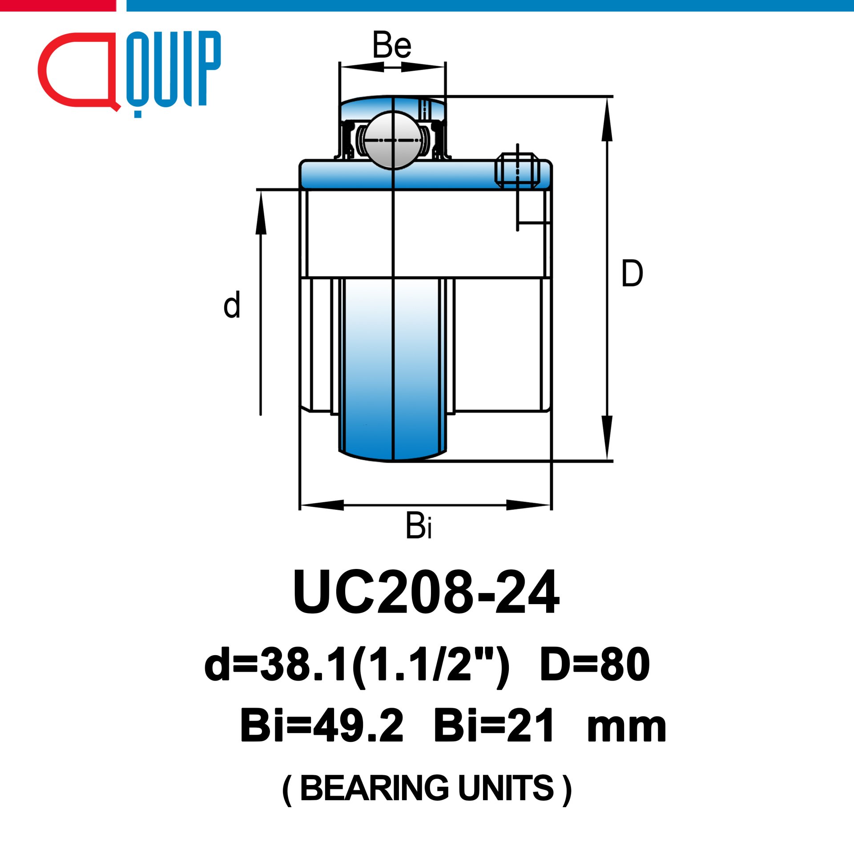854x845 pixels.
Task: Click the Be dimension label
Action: pos(392,45)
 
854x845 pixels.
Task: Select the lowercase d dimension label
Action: pos(232,305)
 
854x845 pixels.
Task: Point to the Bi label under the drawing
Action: pos(418,526)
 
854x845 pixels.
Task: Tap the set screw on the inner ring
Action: pos(517,170)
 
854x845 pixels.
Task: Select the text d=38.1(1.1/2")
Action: pos(357,665)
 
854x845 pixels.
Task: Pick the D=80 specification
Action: pos(595,665)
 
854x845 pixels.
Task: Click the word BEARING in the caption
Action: pos(375,788)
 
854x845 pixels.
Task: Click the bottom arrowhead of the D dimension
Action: pos(607,437)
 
